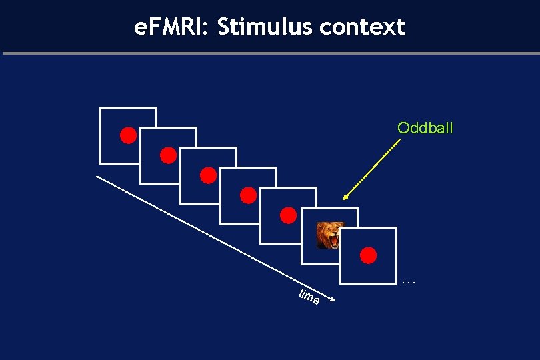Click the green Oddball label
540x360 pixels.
click(x=425, y=128)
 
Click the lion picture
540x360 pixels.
click(x=329, y=235)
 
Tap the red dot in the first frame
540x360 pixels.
click(x=129, y=135)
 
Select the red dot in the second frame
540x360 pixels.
click(x=169, y=155)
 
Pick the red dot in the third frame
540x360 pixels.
click(x=209, y=175)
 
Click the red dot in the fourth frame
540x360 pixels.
click(x=249, y=195)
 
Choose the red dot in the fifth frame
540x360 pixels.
click(x=288, y=215)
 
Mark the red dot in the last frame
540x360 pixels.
click(x=368, y=255)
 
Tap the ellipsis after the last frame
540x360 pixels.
click(x=409, y=283)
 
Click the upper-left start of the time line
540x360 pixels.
click(x=97, y=176)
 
